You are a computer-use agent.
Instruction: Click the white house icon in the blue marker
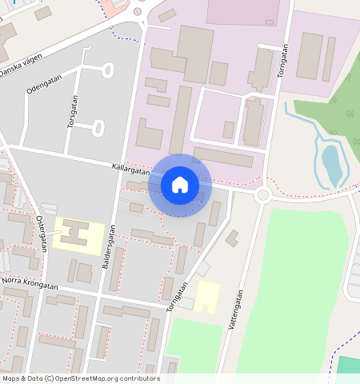(x=180, y=185)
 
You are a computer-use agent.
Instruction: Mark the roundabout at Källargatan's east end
(x=262, y=194)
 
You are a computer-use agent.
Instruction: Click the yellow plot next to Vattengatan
(x=208, y=296)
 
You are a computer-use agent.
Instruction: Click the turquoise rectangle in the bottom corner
(x=348, y=367)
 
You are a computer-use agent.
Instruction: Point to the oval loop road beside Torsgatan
(x=99, y=127)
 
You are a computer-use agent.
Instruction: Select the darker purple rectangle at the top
(x=242, y=12)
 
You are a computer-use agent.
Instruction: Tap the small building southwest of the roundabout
(x=232, y=238)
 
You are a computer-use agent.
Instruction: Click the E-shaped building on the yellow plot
(x=74, y=235)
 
